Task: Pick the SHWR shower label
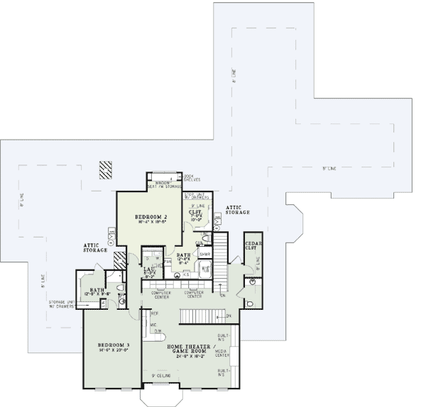[x=204, y=253]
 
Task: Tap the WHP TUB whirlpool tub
[x=207, y=269]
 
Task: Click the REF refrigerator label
[x=154, y=313]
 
